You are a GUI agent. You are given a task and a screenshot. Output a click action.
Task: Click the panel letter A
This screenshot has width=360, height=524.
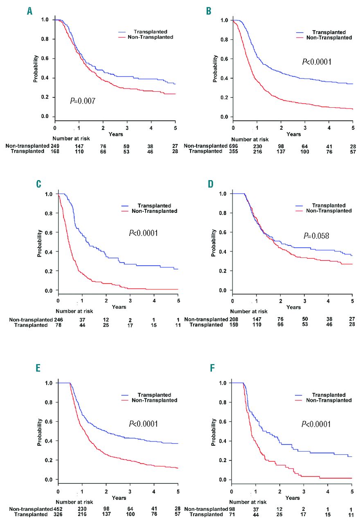click(29, 11)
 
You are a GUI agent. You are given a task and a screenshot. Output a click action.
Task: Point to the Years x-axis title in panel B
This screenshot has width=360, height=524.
click(293, 134)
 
